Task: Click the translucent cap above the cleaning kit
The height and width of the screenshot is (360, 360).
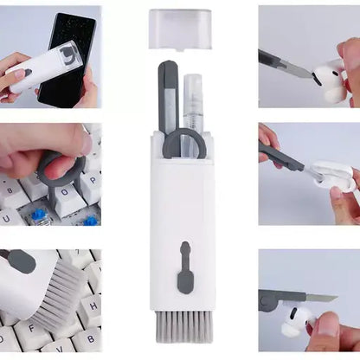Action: (180, 28)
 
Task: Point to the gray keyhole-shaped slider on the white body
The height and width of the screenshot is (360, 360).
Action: (185, 268)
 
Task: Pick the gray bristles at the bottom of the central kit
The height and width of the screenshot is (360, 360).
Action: (180, 327)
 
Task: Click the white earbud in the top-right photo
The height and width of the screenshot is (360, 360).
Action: (330, 82)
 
